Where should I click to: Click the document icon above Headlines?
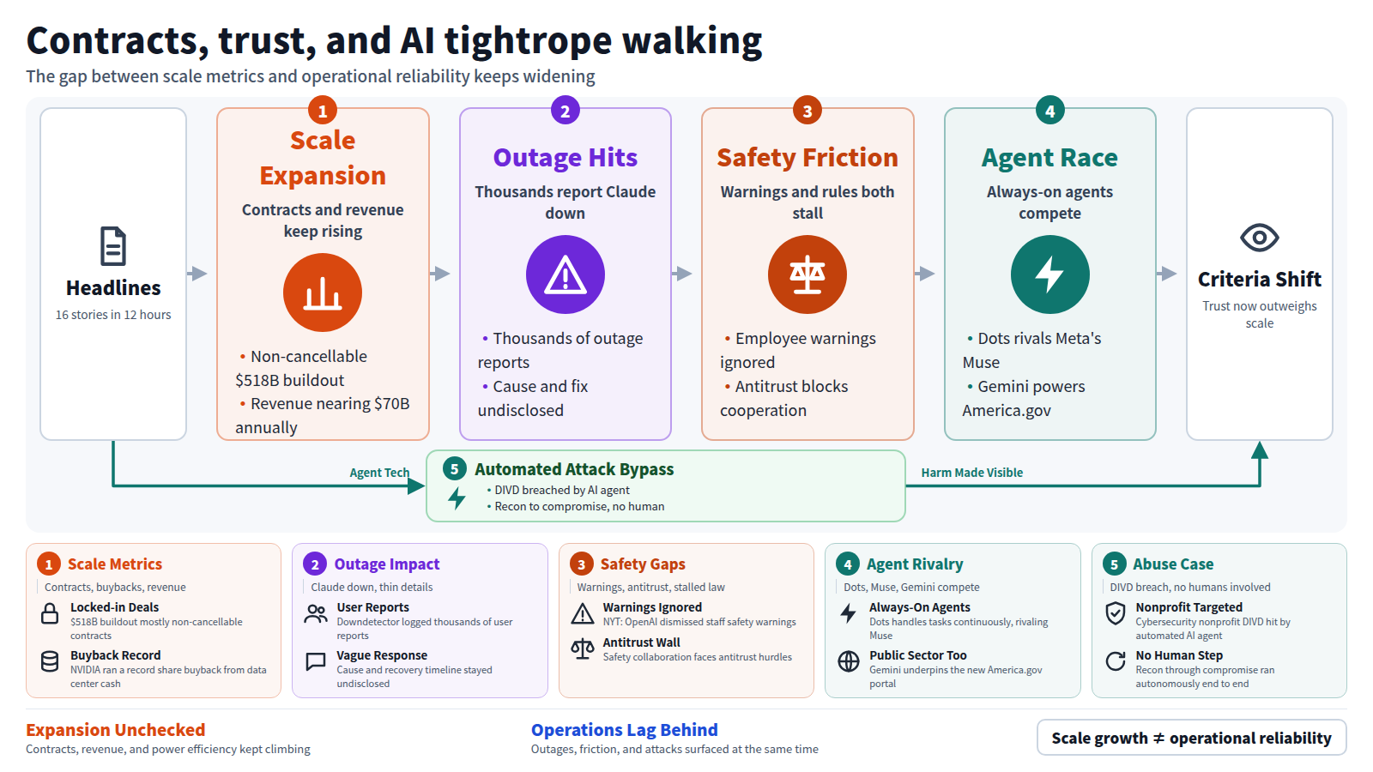click(113, 246)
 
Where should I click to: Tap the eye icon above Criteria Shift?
click(1259, 238)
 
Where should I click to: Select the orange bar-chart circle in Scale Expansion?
click(323, 293)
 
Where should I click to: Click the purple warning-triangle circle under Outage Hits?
click(566, 274)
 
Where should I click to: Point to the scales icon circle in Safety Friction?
click(807, 274)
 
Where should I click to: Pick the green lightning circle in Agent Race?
click(1050, 274)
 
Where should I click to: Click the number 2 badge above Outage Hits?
click(566, 111)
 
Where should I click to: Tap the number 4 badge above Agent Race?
click(1050, 111)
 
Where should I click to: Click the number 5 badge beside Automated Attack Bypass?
click(454, 469)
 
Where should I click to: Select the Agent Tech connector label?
click(379, 473)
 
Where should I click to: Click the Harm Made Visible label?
click(972, 473)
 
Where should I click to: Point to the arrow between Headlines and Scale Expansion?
click(197, 274)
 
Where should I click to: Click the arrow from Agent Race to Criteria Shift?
click(1166, 274)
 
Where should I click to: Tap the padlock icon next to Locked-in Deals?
click(50, 613)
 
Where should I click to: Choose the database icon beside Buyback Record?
click(50, 661)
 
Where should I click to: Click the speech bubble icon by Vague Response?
click(316, 661)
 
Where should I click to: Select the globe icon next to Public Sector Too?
click(849, 661)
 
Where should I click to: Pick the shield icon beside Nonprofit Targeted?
click(1115, 613)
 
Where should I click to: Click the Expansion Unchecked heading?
click(115, 730)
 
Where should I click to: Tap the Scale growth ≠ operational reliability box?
click(1192, 738)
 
